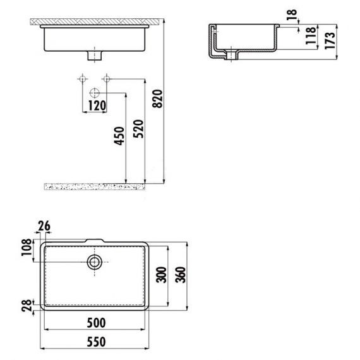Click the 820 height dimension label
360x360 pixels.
(158, 99)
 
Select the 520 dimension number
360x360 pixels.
(139, 129)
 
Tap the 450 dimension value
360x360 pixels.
(119, 136)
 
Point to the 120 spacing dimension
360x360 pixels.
(97, 105)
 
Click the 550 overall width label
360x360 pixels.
(97, 342)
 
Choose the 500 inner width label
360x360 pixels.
(97, 323)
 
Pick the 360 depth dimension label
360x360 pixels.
(180, 275)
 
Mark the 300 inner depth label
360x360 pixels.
(161, 275)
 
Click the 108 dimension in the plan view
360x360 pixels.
(27, 248)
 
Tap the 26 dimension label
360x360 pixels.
(44, 226)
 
